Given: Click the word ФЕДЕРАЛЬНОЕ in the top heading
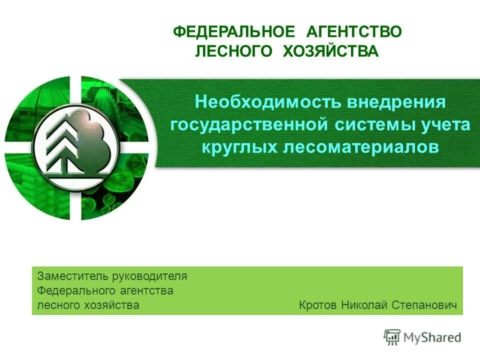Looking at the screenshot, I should pos(234,32).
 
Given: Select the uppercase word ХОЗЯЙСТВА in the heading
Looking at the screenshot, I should pos(330,51).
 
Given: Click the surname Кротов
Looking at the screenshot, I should pos(318,305).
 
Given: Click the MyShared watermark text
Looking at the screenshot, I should pos(432,337).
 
